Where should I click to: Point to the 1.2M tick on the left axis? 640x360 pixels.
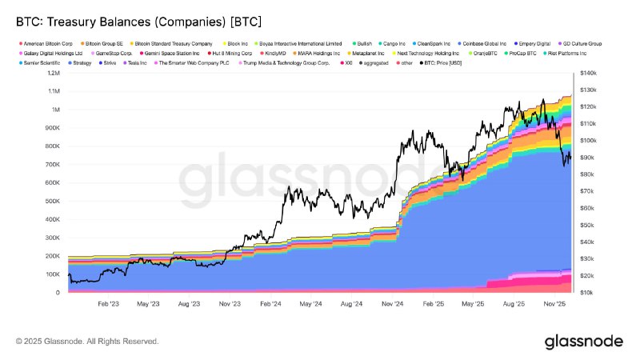click(53, 73)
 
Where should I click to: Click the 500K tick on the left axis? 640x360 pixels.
click(51, 201)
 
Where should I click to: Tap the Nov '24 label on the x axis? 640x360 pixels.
click(392, 304)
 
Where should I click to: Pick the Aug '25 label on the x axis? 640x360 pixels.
click(514, 304)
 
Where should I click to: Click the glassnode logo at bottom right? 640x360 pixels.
click(583, 342)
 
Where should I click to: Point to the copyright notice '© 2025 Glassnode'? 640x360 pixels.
click(87, 342)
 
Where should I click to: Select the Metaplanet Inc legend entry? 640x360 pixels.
click(370, 52)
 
